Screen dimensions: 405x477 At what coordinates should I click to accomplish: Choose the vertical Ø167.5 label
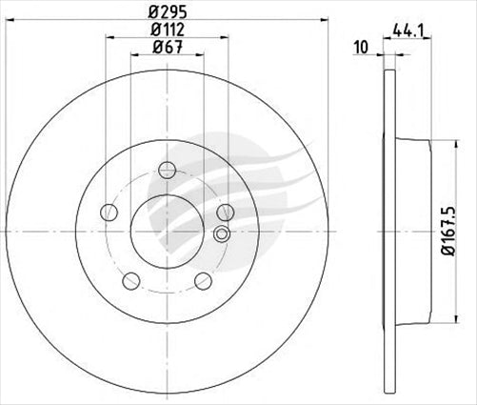click(x=460, y=231)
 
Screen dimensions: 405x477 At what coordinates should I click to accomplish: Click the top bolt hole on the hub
click(x=168, y=170)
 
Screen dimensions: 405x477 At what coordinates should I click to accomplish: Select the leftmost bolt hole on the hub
click(x=109, y=213)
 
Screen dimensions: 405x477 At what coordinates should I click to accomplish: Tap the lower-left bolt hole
click(x=131, y=280)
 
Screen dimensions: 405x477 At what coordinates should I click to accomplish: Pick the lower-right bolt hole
click(x=203, y=280)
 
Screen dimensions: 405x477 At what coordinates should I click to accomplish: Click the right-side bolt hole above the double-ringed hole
click(x=225, y=212)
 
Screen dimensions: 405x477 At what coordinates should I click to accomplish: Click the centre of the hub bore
click(x=168, y=232)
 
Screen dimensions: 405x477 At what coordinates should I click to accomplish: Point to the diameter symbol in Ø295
click(x=152, y=13)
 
